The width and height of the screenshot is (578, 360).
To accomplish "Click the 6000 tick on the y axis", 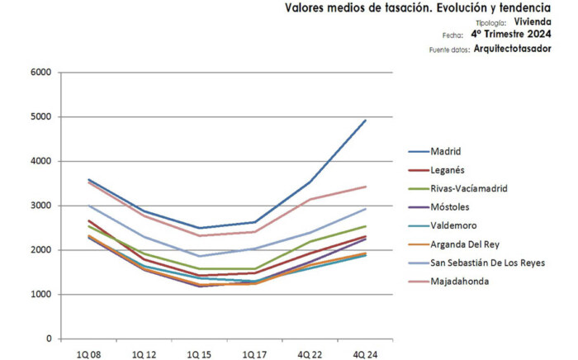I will [x=40, y=73].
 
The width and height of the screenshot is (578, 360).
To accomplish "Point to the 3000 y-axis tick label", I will [x=40, y=206].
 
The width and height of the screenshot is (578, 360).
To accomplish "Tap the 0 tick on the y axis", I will [x=49, y=339].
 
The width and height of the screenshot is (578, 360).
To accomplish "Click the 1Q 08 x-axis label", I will [x=88, y=354].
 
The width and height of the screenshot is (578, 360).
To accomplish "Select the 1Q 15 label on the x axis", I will [x=198, y=354].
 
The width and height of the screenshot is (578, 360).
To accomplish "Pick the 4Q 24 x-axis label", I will [x=363, y=354].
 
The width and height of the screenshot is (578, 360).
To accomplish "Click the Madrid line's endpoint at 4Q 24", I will [x=365, y=121].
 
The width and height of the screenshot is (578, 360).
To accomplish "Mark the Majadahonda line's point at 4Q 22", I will [x=310, y=199].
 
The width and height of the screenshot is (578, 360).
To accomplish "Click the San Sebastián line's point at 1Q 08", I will [x=88, y=206].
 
